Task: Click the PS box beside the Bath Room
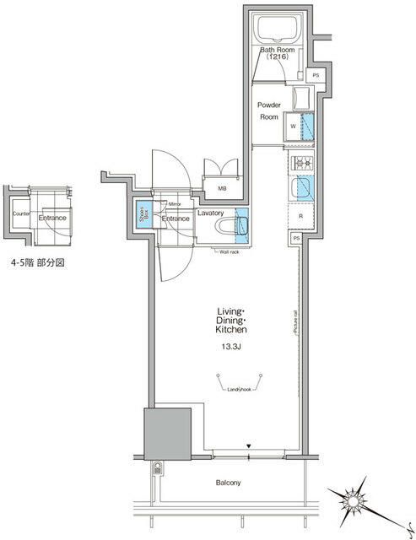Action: (x=316, y=76)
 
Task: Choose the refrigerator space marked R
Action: (x=301, y=215)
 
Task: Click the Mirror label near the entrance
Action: (x=176, y=204)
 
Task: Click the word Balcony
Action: (x=228, y=483)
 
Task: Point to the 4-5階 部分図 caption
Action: (x=36, y=263)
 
